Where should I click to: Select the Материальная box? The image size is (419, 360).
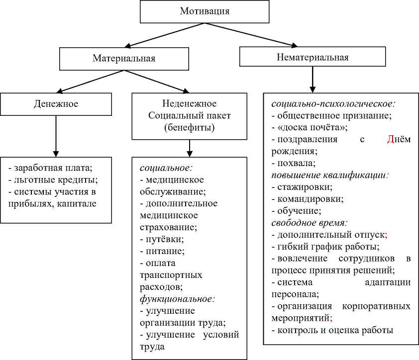coord(124,58)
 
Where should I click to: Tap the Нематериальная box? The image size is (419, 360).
coord(313,57)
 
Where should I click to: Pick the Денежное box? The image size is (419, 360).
coord(56,104)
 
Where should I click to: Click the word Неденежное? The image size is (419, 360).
coord(189,104)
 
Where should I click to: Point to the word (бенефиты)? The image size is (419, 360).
coord(189,128)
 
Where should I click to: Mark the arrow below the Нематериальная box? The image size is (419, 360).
coord(312,79)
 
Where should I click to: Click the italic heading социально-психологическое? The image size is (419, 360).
coord(333,104)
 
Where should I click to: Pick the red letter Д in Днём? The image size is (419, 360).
coord(390,140)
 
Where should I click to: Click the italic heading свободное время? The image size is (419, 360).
coord(309,222)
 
